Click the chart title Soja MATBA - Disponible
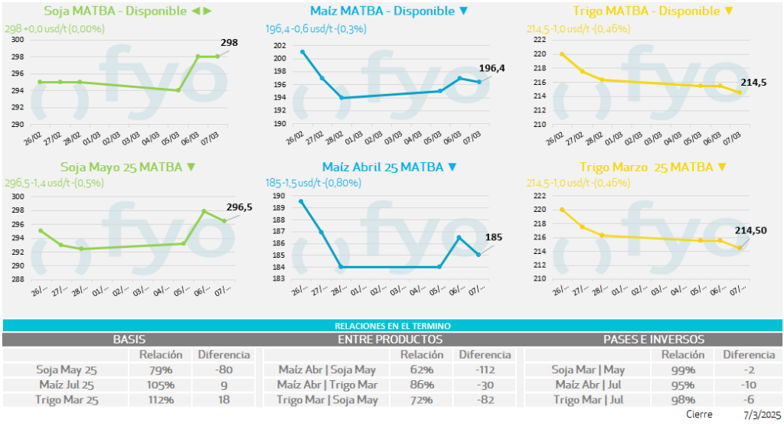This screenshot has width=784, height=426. [116, 11]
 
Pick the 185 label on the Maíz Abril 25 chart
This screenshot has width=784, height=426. [494, 237]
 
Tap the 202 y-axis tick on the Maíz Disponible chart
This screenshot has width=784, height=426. [279, 46]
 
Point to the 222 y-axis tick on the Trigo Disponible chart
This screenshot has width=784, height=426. [540, 40]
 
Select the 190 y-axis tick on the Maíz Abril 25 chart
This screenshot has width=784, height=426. [279, 196]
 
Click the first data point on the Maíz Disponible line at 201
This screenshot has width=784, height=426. [302, 52]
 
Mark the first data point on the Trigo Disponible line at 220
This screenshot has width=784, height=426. [562, 54]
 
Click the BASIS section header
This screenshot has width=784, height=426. [129, 339]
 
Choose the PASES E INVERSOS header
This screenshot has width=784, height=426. [654, 339]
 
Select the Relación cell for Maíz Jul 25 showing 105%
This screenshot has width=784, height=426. [160, 385]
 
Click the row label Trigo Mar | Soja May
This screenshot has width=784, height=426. [327, 399]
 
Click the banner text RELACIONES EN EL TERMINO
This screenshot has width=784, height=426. [391, 326]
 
